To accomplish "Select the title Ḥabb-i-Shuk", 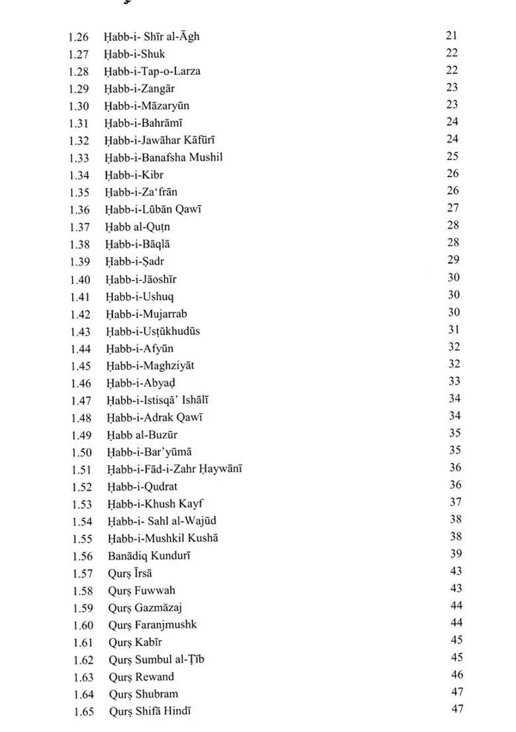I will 134,54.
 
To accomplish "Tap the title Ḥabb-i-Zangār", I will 139,89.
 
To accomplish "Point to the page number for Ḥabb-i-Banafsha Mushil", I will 452,157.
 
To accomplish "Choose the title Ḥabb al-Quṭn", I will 137,227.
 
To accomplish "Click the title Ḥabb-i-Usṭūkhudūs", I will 153,331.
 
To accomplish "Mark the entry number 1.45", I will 80,366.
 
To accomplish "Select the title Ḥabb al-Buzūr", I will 142,435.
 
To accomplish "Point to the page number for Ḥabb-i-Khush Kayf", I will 455,503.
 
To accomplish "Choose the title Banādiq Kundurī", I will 150,556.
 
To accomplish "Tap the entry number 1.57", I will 83,573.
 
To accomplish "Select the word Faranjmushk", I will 166,625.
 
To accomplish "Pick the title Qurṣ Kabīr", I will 136,642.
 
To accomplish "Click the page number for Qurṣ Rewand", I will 456,675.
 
